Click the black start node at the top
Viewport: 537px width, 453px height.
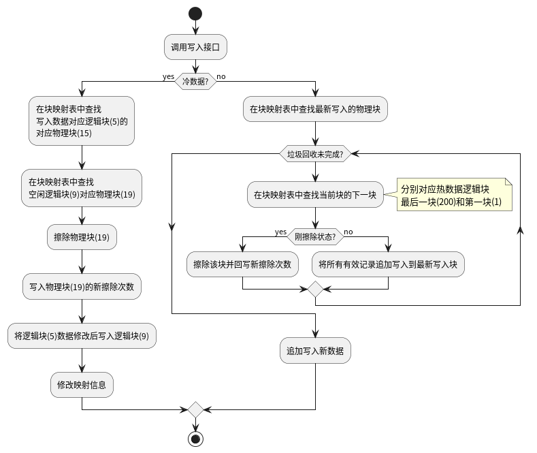coord(195,14)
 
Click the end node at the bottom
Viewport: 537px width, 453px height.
coord(195,439)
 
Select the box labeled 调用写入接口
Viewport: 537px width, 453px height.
coord(195,47)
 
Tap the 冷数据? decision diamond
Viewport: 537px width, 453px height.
coord(195,82)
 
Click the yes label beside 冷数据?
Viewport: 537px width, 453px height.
coord(168,76)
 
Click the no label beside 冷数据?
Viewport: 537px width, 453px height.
coord(221,76)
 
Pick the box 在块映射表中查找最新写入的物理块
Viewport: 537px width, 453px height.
coord(315,108)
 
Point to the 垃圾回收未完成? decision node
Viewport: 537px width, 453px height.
coord(315,154)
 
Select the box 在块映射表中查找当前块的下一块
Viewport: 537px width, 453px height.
coord(315,194)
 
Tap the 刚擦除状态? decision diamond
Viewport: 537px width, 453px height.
coord(315,236)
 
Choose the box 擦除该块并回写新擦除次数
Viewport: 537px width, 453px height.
coord(242,264)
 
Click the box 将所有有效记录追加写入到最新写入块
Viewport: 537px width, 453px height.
coord(388,264)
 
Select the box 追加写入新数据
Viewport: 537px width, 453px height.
coord(315,351)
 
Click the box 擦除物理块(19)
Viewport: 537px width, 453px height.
coord(82,238)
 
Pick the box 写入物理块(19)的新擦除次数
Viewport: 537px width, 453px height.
coord(82,287)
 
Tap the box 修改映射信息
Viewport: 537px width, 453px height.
coord(82,385)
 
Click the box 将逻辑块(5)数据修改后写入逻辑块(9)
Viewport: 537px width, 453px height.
coord(82,336)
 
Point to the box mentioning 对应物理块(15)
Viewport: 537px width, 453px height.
coord(82,121)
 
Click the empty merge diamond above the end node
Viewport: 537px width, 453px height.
coord(195,409)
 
